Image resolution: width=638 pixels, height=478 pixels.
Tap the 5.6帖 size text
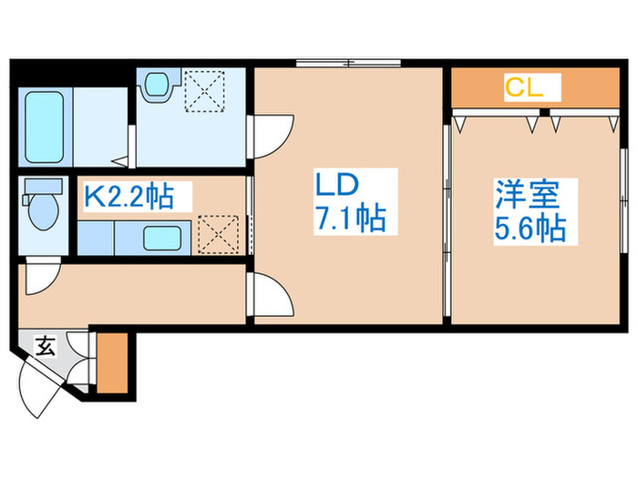[x=530, y=226]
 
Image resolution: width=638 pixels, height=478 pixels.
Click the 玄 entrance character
[x=44, y=345]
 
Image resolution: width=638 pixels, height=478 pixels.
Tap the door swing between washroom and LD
[x=269, y=135]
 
